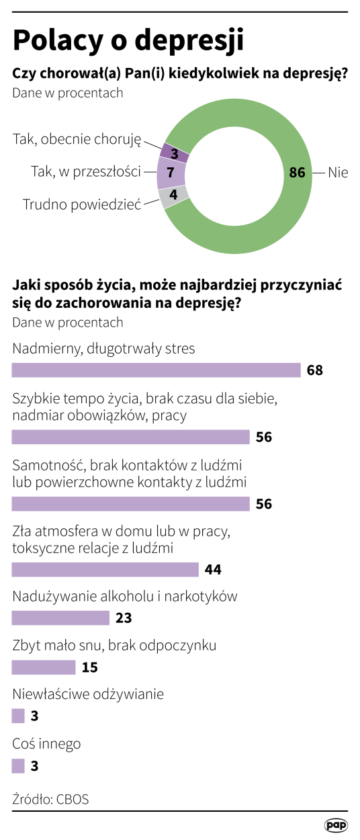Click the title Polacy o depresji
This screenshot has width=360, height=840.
(x=128, y=41)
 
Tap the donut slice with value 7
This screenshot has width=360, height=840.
(x=171, y=172)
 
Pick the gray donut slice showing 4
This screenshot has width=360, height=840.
(x=173, y=196)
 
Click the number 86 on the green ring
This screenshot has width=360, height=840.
(x=297, y=173)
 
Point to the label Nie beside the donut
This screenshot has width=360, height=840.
(x=338, y=173)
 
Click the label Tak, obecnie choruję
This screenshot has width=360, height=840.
(x=77, y=139)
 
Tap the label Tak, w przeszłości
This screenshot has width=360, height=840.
(x=85, y=172)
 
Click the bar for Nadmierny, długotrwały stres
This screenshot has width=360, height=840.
(x=156, y=370)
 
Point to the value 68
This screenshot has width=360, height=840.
(x=315, y=370)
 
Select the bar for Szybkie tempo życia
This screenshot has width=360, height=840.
(x=131, y=437)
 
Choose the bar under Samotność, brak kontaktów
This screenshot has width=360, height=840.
(x=131, y=503)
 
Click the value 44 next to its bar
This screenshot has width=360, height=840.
(x=213, y=570)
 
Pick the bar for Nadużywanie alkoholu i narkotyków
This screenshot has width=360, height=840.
(x=60, y=618)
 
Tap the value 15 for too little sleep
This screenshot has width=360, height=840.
(x=89, y=667)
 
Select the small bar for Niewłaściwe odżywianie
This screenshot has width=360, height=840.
(x=18, y=716)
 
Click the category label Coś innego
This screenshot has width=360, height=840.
(x=46, y=744)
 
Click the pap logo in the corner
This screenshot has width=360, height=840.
(x=336, y=824)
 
